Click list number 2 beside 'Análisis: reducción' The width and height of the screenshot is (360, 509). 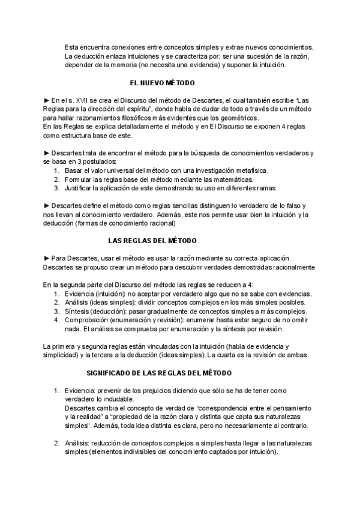(x=56, y=443)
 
